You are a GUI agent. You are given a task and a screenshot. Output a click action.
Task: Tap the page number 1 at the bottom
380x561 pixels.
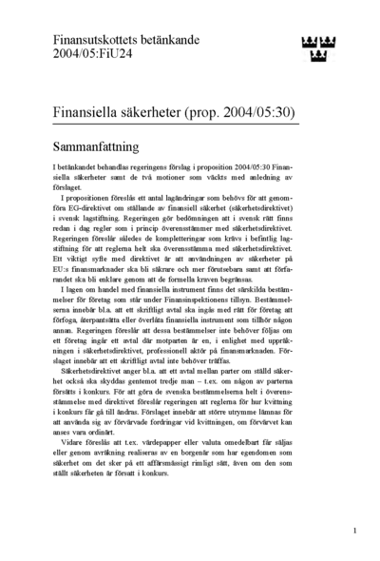coord(353,531)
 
